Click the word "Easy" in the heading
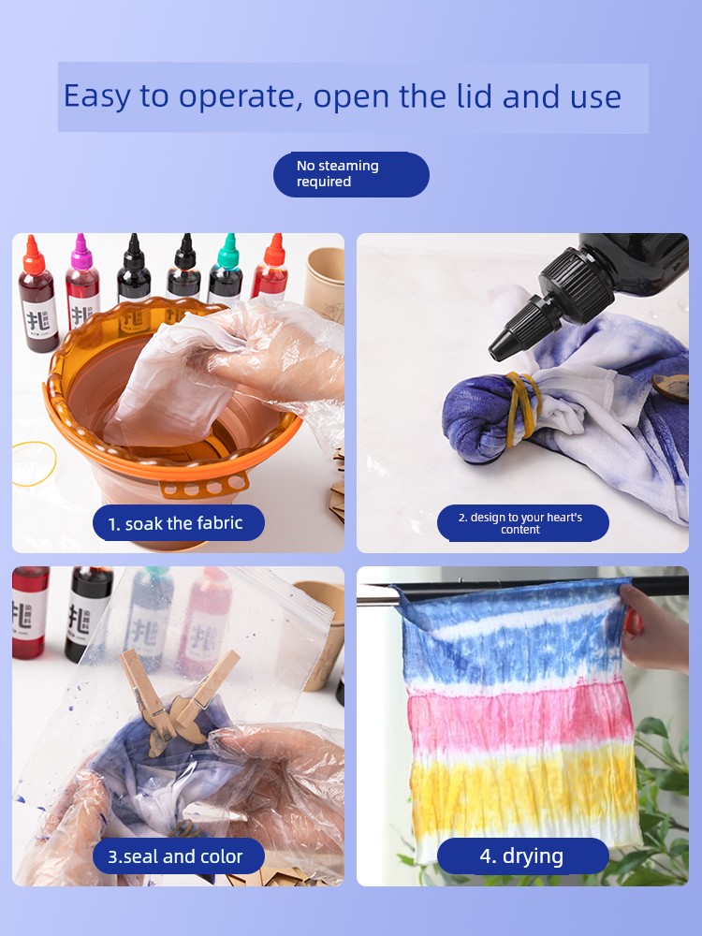tap(96, 96)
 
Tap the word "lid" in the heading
tap(475, 95)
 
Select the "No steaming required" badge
tap(351, 174)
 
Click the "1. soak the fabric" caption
tap(178, 523)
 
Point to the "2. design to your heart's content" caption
tap(523, 523)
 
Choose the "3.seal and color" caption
tap(178, 856)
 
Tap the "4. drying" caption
tap(523, 856)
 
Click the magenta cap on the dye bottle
tap(80, 253)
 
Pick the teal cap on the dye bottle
tap(228, 252)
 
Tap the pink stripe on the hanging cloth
tap(519, 718)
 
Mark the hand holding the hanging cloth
tap(654, 628)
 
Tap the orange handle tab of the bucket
tap(204, 486)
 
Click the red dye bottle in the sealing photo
tap(30, 612)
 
